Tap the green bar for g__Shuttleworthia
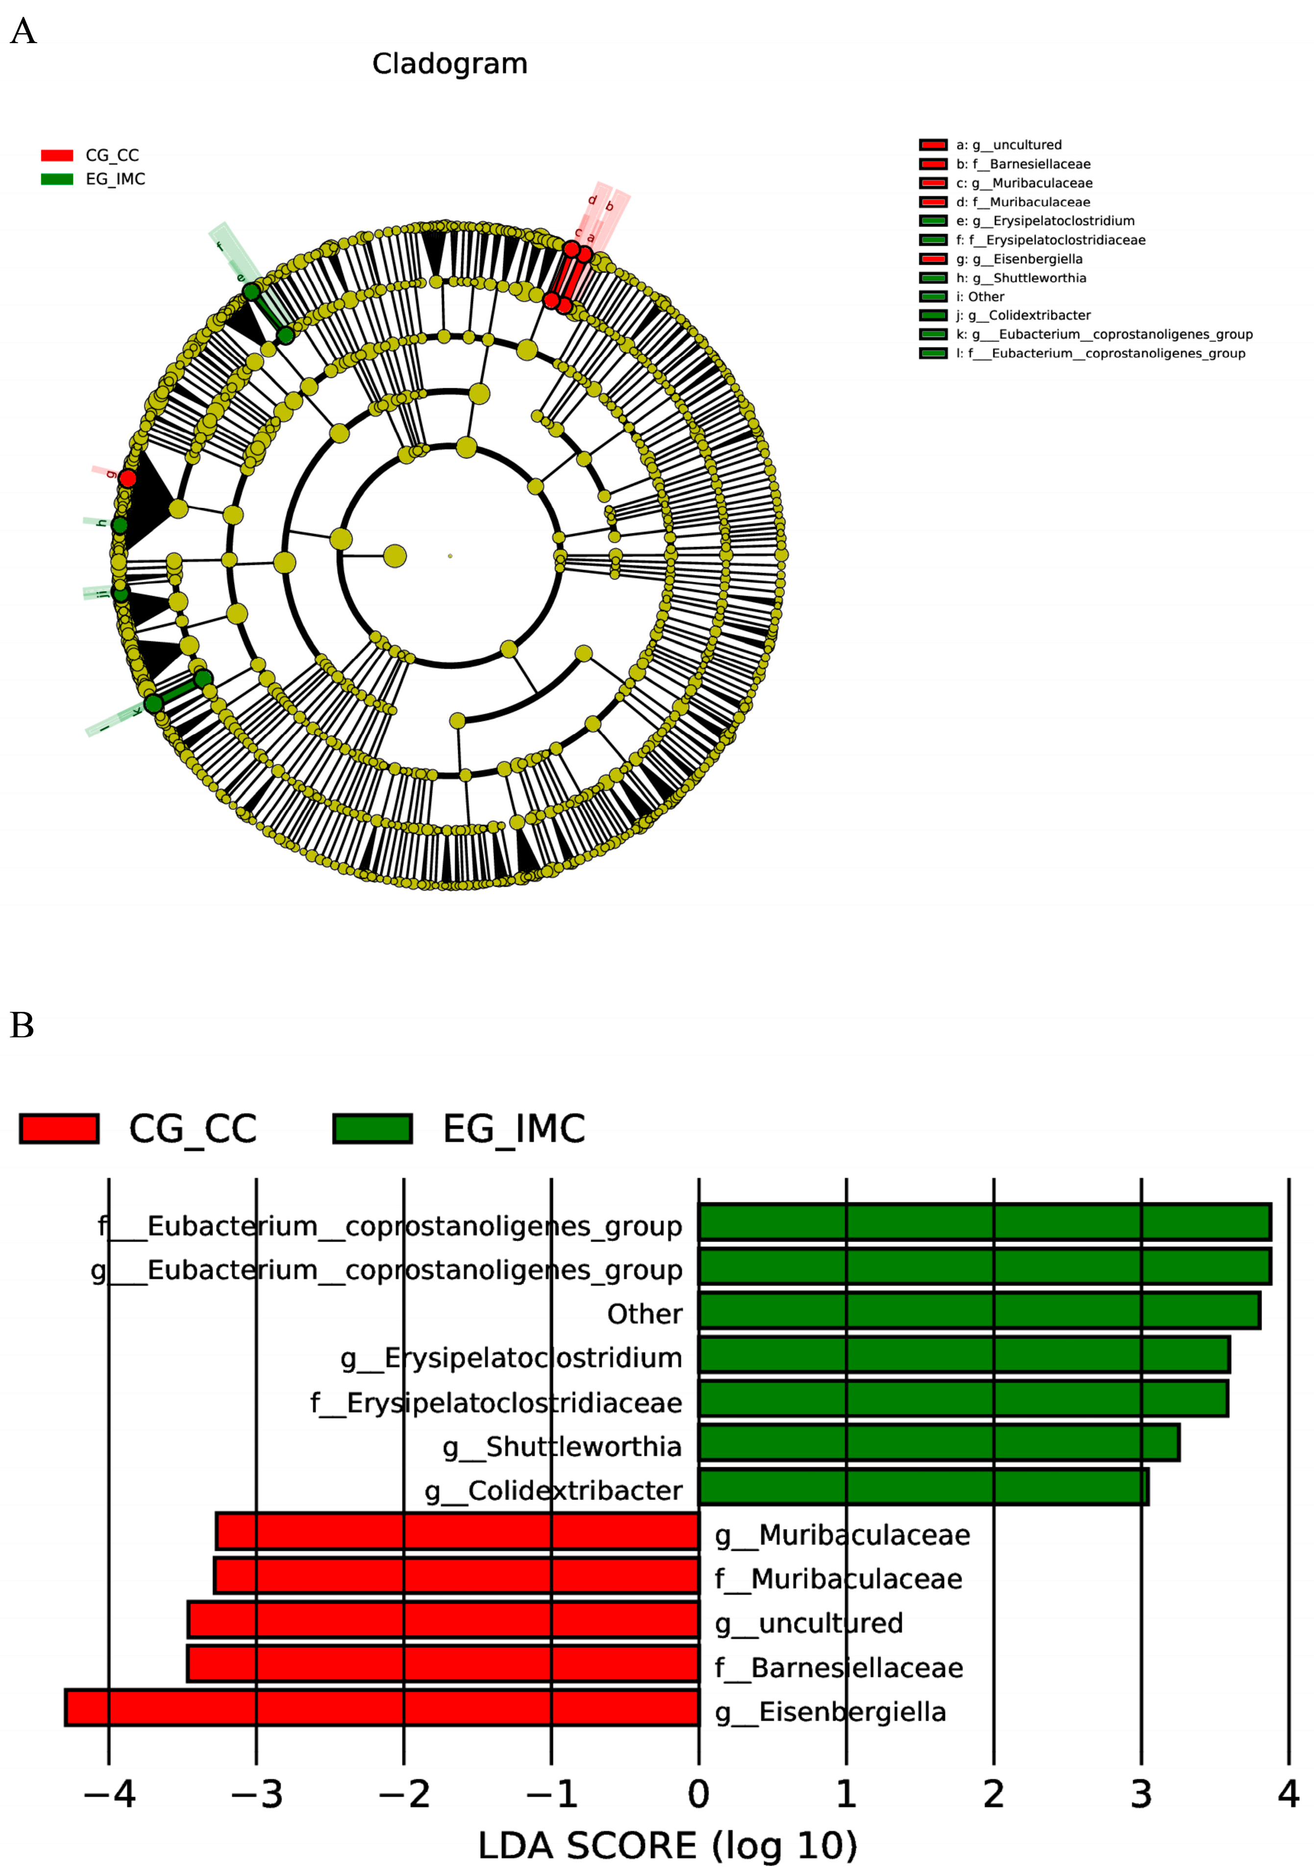(x=939, y=1443)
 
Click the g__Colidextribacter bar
(x=923, y=1487)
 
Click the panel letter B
(x=22, y=1025)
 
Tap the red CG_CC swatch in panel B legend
(x=59, y=1128)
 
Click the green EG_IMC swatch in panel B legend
(x=372, y=1128)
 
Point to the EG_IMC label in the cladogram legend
(x=115, y=179)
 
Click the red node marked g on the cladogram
(x=127, y=478)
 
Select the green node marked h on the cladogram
(x=119, y=525)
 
